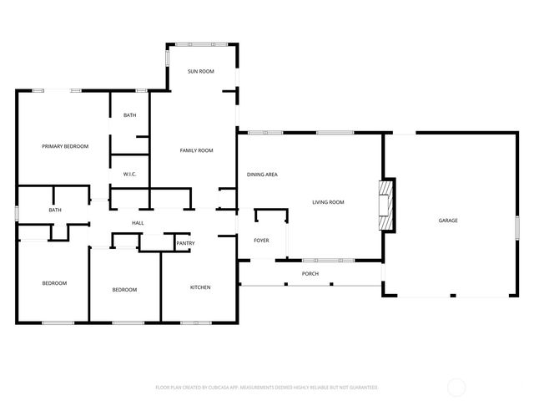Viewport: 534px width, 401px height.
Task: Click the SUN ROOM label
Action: click(x=200, y=72)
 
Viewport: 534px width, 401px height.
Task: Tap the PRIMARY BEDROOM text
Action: click(x=65, y=146)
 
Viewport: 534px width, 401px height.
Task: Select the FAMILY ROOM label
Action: click(x=197, y=150)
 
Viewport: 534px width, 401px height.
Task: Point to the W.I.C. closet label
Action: click(x=129, y=175)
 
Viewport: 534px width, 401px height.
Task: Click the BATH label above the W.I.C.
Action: click(x=129, y=115)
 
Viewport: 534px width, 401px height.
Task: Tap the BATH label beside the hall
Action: click(x=55, y=210)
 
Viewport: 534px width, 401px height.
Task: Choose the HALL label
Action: click(x=138, y=223)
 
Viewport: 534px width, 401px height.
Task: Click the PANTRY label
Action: click(x=185, y=243)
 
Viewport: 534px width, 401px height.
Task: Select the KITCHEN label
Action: click(x=200, y=287)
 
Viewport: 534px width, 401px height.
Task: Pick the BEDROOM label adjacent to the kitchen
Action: click(x=124, y=289)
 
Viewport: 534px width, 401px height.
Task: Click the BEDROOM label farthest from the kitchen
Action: click(x=54, y=283)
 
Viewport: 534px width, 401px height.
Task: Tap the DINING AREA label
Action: click(x=262, y=175)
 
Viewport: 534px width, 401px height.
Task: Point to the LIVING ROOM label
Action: click(x=328, y=202)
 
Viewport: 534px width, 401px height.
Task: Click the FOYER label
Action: click(x=261, y=241)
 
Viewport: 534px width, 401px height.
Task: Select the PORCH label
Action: click(x=310, y=274)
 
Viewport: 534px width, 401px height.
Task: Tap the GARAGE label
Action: click(x=448, y=221)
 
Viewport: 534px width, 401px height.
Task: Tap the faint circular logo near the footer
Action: click(x=456, y=388)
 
